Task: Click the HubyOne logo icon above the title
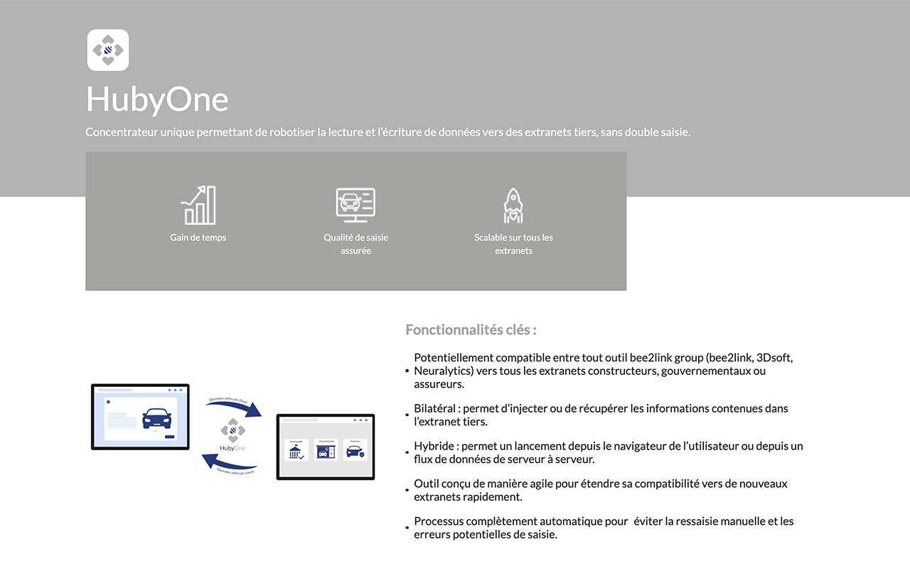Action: [x=108, y=50]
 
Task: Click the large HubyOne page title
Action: [x=157, y=99]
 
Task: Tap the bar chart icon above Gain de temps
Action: [x=198, y=206]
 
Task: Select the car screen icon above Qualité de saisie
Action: [x=355, y=205]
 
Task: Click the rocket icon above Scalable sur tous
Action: [x=513, y=206]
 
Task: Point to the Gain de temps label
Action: [x=198, y=238]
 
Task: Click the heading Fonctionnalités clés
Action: [x=471, y=330]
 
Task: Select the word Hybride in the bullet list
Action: [x=434, y=446]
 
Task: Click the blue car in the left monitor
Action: [x=156, y=417]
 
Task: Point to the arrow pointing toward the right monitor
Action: [x=235, y=408]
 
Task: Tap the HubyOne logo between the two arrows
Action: [x=232, y=435]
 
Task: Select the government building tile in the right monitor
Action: [x=296, y=450]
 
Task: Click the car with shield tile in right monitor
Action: [x=355, y=450]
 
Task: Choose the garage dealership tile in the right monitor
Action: [x=326, y=450]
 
